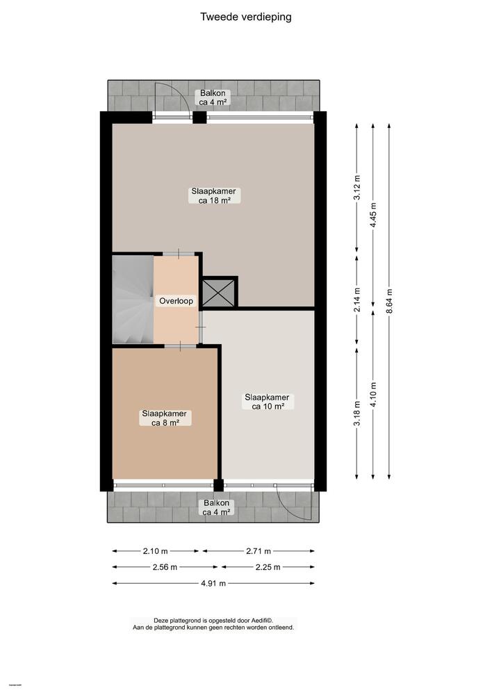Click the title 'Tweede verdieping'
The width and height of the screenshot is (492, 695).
[246, 17]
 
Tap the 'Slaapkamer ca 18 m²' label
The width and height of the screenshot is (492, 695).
[215, 195]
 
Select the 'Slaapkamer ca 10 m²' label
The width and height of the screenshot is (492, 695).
[266, 402]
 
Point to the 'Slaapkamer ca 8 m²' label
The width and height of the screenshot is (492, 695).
[164, 417]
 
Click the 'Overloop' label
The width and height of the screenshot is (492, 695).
[177, 302]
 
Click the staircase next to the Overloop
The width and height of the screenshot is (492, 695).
[133, 300]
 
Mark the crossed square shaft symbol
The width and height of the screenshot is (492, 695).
[219, 292]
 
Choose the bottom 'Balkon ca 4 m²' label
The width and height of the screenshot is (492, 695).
[216, 507]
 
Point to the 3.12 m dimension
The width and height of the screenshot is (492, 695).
[356, 188]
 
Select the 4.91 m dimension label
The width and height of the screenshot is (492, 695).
[213, 583]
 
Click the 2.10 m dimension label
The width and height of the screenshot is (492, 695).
[156, 551]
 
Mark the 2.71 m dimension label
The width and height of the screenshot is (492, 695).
[258, 551]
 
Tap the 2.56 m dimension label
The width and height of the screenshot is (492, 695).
[165, 567]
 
